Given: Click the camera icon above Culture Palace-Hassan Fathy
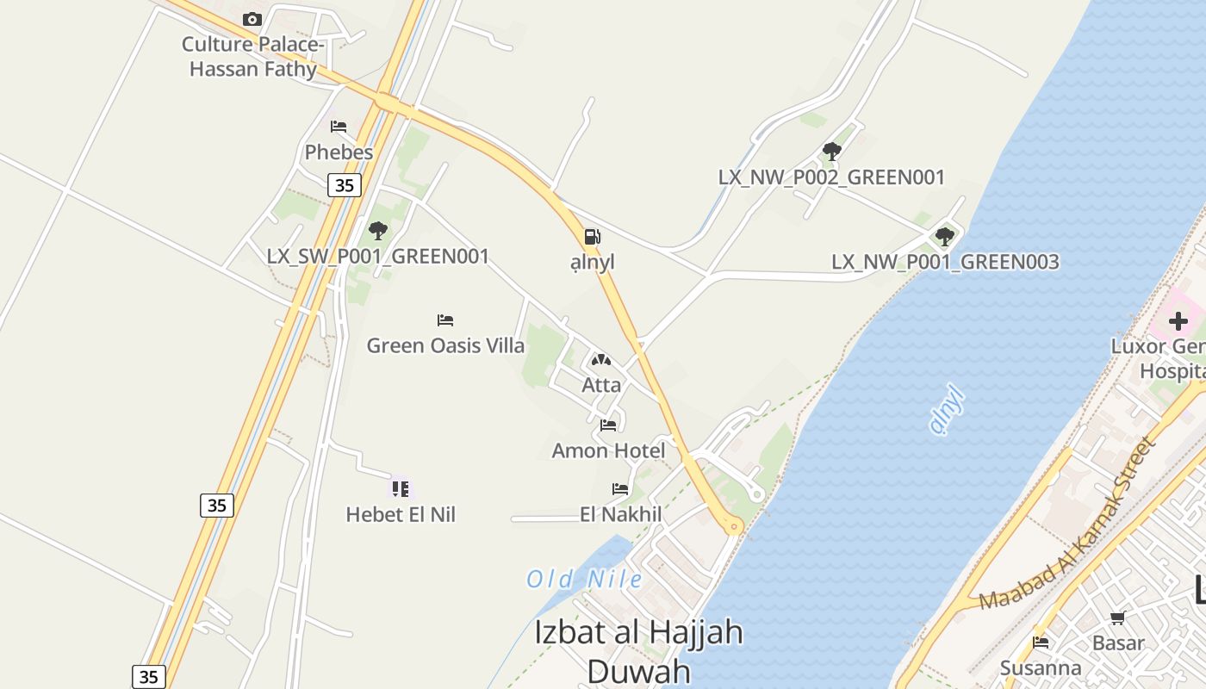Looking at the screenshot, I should tap(252, 19).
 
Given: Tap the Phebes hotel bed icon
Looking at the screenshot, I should tap(339, 127).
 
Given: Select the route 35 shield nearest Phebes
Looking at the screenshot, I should tap(344, 185).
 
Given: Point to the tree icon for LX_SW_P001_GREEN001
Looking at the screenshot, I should tap(377, 230).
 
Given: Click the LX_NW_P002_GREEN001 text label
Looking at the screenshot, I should tap(831, 177).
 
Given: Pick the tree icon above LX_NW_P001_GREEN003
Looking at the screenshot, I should tap(945, 236).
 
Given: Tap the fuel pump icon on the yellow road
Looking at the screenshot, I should tap(592, 237).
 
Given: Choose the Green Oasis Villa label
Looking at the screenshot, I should tap(445, 346).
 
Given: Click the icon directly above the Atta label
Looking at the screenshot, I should tap(601, 360).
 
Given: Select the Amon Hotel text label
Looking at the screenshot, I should tap(608, 450).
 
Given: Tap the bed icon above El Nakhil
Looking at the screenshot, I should tap(620, 489).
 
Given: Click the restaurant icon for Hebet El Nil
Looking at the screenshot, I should tap(400, 489).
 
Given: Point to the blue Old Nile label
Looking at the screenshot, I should tap(584, 579).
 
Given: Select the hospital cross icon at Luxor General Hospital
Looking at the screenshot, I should tap(1178, 321).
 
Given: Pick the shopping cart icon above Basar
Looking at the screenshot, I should tap(1117, 617).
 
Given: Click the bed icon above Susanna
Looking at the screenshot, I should tap(1041, 642).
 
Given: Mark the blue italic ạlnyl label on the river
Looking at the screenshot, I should tap(948, 411).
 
